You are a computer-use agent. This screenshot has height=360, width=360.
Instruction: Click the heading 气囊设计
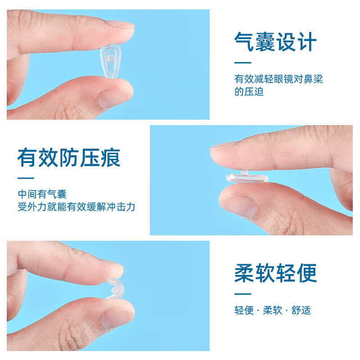pyautogui.click(x=275, y=42)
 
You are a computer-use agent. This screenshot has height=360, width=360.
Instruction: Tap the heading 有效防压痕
pyautogui.click(x=69, y=158)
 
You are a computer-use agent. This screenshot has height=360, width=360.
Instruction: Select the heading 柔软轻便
pyautogui.click(x=275, y=274)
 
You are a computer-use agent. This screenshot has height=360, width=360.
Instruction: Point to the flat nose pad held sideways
pyautogui.click(x=247, y=178)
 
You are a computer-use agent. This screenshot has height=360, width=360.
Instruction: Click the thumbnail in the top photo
pyautogui.click(x=112, y=96)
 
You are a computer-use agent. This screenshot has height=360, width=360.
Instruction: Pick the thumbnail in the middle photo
pyautogui.click(x=239, y=205)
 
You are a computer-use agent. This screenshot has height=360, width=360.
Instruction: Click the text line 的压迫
pyautogui.click(x=249, y=92)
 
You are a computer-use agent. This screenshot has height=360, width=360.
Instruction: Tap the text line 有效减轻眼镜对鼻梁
pyautogui.click(x=279, y=79)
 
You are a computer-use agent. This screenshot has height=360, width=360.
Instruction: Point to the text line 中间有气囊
pyautogui.click(x=42, y=194)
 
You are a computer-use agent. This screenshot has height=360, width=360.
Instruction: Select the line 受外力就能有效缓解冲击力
pyautogui.click(x=76, y=207)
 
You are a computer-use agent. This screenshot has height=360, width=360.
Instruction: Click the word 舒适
pyautogui.click(x=301, y=310)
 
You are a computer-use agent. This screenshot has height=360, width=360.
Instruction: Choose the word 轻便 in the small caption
pyautogui.click(x=244, y=310)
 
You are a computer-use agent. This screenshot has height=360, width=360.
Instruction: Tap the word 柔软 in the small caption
pyautogui.click(x=273, y=310)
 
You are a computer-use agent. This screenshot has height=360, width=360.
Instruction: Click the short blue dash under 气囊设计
pyautogui.click(x=243, y=63)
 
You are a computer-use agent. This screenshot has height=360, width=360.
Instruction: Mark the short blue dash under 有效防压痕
pyautogui.click(x=26, y=178)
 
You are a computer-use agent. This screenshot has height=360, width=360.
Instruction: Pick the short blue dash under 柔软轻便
pyautogui.click(x=243, y=294)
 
